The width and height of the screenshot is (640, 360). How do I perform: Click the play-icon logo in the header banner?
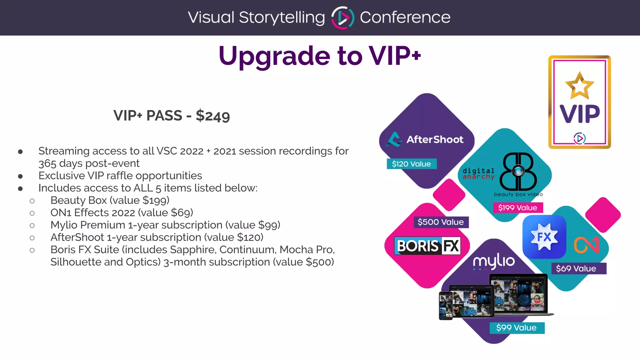point(342,17)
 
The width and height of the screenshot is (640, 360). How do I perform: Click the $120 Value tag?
point(411,164)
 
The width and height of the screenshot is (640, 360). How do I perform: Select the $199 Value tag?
point(518,207)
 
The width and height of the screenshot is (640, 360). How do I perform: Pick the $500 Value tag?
point(441,222)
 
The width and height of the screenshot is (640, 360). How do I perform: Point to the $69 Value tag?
point(576,268)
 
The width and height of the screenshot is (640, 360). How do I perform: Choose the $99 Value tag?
point(516,327)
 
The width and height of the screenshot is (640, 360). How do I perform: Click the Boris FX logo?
point(427,246)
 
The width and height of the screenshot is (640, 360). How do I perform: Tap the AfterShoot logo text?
point(435,139)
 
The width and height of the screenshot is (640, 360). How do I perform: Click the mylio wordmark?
point(494,261)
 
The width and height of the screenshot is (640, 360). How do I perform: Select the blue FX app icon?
point(544,237)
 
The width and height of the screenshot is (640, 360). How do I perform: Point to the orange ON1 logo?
point(586,245)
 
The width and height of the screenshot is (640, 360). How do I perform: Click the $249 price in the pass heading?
point(213,116)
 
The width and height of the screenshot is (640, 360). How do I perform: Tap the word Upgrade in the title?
point(274,56)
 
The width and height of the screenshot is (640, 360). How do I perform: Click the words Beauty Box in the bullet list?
point(79,200)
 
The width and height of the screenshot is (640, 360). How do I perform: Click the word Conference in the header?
point(405,17)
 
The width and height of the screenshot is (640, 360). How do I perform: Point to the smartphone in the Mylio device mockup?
point(446,306)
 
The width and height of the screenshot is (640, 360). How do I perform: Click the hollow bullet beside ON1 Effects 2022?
point(32,213)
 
